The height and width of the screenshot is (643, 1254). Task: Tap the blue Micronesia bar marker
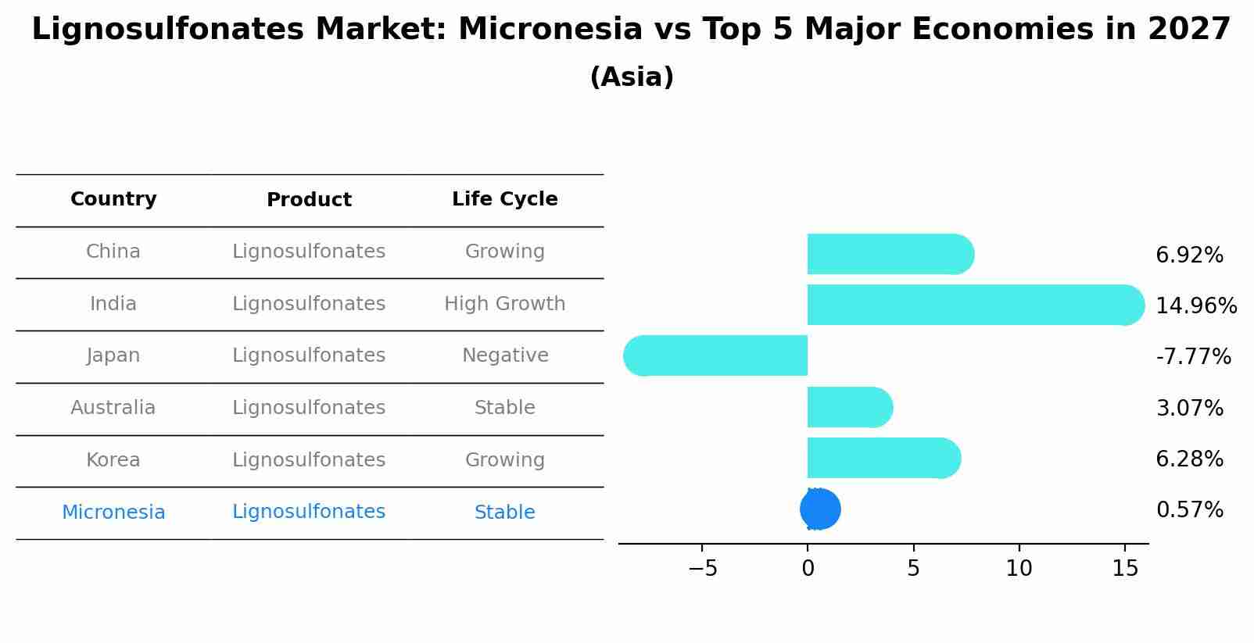click(820, 509)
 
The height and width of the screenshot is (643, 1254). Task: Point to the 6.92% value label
click(1188, 255)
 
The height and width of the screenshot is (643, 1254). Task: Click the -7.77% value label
click(1192, 357)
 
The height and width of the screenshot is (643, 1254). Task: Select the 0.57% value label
click(1188, 510)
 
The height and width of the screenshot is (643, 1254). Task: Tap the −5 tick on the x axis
click(702, 569)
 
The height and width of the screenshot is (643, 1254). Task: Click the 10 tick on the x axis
click(1019, 569)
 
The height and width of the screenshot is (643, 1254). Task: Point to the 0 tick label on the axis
click(808, 569)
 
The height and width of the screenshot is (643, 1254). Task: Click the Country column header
click(113, 199)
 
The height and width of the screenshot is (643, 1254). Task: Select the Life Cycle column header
click(504, 199)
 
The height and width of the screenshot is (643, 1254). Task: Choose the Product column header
click(309, 200)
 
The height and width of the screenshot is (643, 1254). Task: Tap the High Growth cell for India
click(504, 304)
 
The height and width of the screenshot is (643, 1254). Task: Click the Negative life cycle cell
click(504, 355)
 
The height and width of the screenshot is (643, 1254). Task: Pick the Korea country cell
click(113, 460)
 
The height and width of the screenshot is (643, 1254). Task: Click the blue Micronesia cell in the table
click(113, 513)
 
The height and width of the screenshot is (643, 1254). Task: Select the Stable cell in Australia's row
click(504, 408)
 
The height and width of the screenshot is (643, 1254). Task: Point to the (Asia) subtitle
click(631, 77)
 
